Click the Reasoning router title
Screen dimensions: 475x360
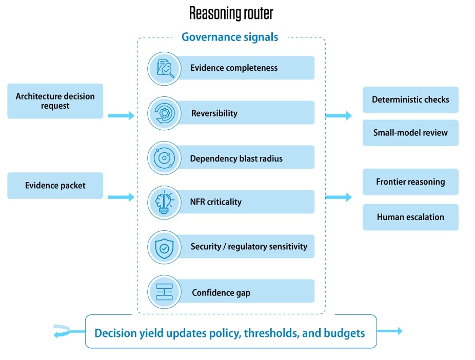coord(231,13)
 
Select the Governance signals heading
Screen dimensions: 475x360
coord(230,37)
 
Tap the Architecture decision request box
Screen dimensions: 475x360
coord(55,101)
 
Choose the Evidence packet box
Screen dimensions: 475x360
coord(55,185)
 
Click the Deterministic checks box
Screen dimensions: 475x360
coord(410,99)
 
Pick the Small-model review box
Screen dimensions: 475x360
coord(410,133)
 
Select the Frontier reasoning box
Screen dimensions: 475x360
coord(410,182)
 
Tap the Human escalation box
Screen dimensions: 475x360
coord(410,217)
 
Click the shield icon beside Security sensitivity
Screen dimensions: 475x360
coord(164,247)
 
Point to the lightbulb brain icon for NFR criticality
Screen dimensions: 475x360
coord(164,202)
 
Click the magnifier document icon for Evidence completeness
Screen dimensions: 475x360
coord(164,68)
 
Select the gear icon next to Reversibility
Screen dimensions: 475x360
coord(164,113)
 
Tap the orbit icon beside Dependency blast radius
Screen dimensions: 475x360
coord(164,158)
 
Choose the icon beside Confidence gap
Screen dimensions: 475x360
coord(164,292)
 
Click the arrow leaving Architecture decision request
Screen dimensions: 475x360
coord(121,115)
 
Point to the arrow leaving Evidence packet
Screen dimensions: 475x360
coord(121,197)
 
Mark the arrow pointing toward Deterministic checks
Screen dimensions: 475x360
coord(339,115)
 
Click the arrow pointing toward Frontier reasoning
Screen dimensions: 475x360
coord(339,197)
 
